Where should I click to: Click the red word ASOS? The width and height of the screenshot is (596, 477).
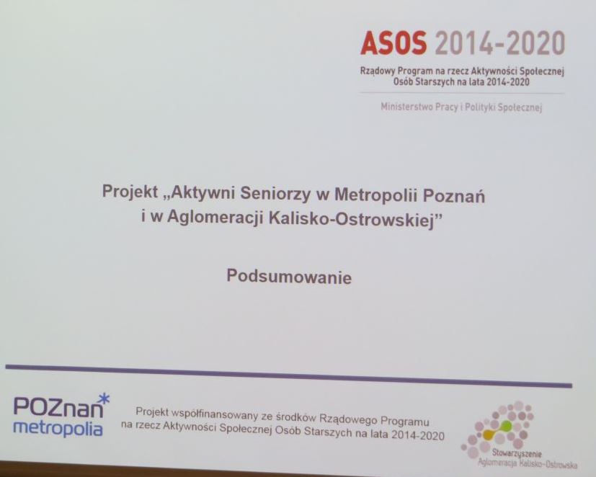coord(393,43)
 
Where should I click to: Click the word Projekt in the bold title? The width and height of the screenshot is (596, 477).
coord(130,192)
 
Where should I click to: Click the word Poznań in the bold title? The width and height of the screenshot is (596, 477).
coord(454,196)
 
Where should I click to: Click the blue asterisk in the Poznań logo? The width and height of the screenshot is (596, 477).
coord(104,399)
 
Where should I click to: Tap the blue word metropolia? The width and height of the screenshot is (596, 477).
coord(58,428)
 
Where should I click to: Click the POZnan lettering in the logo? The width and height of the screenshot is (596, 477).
coord(58,407)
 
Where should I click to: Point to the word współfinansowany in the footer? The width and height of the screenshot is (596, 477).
coord(213,414)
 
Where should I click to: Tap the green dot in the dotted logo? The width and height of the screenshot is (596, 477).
coord(506,426)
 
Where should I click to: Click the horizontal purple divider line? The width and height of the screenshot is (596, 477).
coord(288,376)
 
